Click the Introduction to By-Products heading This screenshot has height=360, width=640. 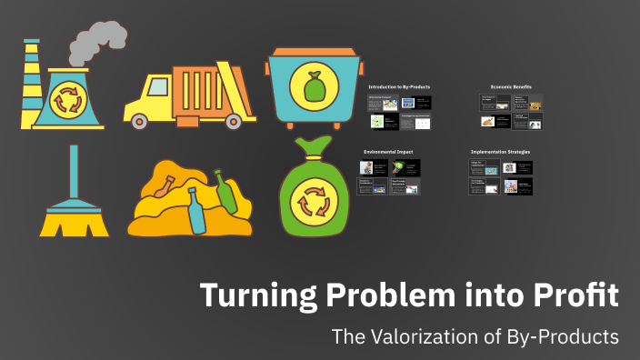(x=399, y=86)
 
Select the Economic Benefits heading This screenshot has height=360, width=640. (x=511, y=86)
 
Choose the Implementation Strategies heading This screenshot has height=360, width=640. (x=501, y=151)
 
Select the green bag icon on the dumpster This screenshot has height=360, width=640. (x=313, y=86)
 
